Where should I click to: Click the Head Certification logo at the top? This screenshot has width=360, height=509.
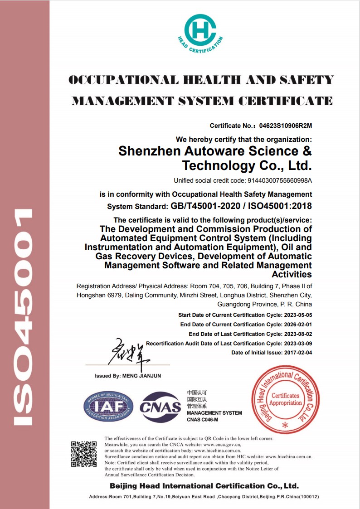tap(200, 33)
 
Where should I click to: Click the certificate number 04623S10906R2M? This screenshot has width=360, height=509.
tap(285, 126)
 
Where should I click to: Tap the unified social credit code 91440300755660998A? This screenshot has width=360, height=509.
tap(280, 180)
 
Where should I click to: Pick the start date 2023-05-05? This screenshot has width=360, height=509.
tap(297, 315)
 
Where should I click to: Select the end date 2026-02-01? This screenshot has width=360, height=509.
tap(297, 325)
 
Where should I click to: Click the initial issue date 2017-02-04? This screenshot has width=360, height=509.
tap(297, 353)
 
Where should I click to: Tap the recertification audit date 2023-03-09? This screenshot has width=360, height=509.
tap(297, 344)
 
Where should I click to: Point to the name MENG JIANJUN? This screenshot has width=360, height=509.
tap(141, 376)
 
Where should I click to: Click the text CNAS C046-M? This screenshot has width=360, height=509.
tap(202, 420)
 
